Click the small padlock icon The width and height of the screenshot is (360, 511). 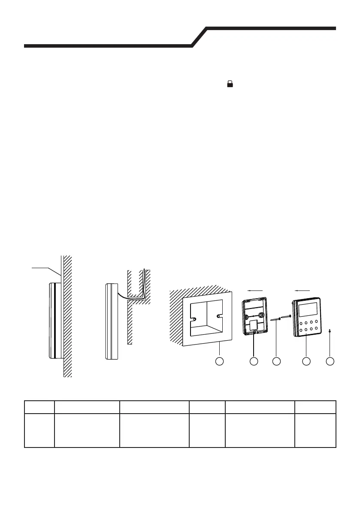pos(230,85)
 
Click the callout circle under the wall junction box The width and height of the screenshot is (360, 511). pos(219,361)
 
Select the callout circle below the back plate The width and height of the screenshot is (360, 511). pos(254,361)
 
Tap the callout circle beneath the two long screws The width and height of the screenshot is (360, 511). pos(276,361)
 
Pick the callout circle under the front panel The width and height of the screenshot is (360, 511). pos(306,361)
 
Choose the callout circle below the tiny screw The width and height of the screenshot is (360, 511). pos(330,361)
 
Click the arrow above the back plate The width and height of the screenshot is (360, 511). pos(255,290)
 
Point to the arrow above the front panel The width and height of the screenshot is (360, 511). pos(303,290)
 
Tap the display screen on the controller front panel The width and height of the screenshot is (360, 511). pos(307,308)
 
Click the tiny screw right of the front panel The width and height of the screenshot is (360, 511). pos(330,330)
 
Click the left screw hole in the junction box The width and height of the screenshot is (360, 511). pos(194,319)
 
